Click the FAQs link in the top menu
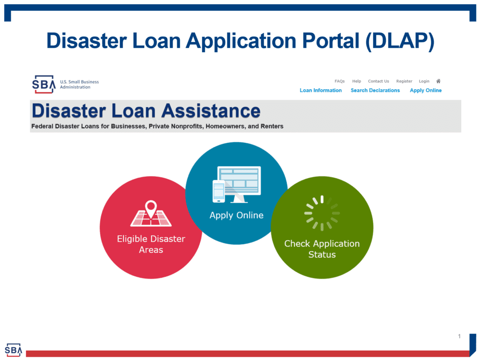point(340,81)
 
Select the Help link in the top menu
point(357,81)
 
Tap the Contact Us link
point(379,81)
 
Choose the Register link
point(404,81)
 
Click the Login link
point(424,81)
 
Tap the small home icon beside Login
point(438,81)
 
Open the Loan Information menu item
point(320,90)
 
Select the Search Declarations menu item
point(375,90)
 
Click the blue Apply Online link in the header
point(426,90)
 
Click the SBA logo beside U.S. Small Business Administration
point(44,85)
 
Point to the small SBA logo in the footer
point(14,350)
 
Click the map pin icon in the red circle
point(151,209)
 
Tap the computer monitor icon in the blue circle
point(239,184)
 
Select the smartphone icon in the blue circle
point(219,191)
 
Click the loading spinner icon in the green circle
point(322,213)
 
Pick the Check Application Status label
point(322,249)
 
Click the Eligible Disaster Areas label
point(151,244)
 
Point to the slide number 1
point(459,337)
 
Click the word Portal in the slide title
point(331,40)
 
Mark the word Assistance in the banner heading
point(211,110)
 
